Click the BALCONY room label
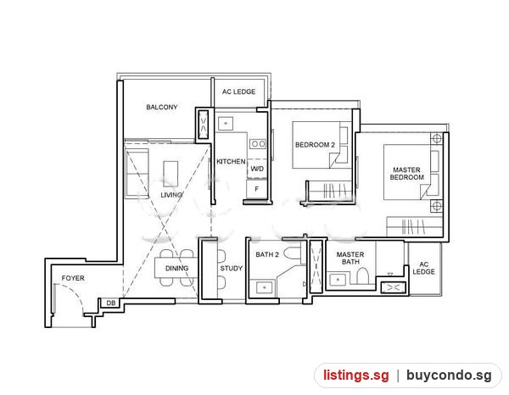pyautogui.click(x=162, y=107)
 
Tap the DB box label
pyautogui.click(x=111, y=303)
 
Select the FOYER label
pyautogui.click(x=73, y=278)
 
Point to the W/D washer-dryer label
pyautogui.click(x=257, y=169)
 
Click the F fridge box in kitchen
pyautogui.click(x=256, y=189)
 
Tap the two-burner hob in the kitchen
pyautogui.click(x=258, y=143)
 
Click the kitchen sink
pyautogui.click(x=226, y=124)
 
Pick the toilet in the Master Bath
pyautogui.click(x=362, y=276)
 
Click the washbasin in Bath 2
pyautogui.click(x=265, y=287)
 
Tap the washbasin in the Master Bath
pyautogui.click(x=338, y=279)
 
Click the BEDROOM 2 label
pyautogui.click(x=315, y=145)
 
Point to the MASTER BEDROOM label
pyautogui.click(x=406, y=174)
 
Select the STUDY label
pyautogui.click(x=231, y=269)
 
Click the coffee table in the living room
pyautogui.click(x=171, y=174)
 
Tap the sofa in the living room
pyautogui.click(x=137, y=173)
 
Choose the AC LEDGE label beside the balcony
pyautogui.click(x=239, y=92)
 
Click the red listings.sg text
pyautogui.click(x=356, y=376)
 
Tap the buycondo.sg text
pyautogui.click(x=449, y=376)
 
